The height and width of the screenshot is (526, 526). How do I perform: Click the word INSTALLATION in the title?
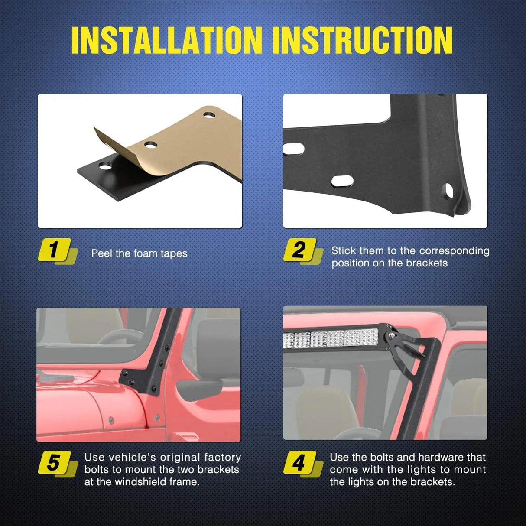pyautogui.click(x=166, y=40)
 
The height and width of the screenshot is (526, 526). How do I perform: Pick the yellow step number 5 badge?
pyautogui.click(x=58, y=464)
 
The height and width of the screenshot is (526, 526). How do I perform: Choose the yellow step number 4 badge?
pyautogui.click(x=303, y=464)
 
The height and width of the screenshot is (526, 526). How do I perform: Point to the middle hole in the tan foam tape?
pyautogui.click(x=151, y=145)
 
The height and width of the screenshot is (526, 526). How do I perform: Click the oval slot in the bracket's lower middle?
pyautogui.click(x=342, y=181)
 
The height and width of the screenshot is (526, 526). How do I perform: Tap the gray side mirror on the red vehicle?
pyautogui.click(x=199, y=388)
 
